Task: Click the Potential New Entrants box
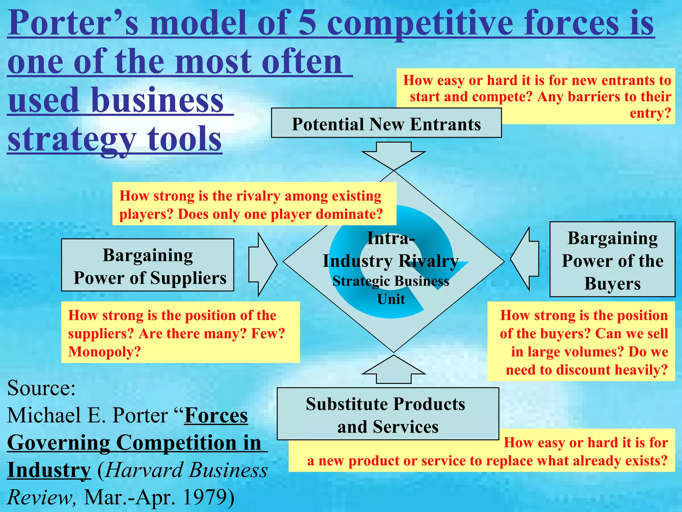[x=386, y=123]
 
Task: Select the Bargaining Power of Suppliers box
[x=148, y=265]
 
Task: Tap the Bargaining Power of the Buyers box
[x=612, y=259]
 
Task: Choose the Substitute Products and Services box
[x=388, y=414]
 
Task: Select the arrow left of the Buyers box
[x=525, y=259]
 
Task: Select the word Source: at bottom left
[x=41, y=388]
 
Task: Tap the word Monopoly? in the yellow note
[x=105, y=352]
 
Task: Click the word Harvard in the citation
[x=144, y=470]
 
